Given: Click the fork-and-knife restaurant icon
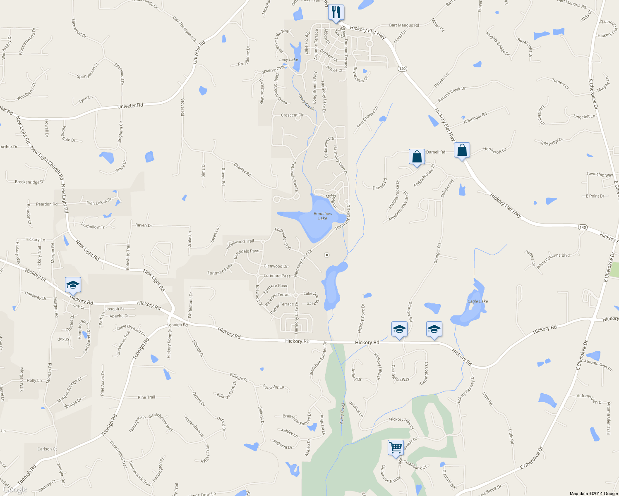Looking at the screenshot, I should tap(336, 12).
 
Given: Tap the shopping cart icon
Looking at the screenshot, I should tap(396, 448).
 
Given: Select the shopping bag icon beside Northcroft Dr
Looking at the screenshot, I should tap(462, 150).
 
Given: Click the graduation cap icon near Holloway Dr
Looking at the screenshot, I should tap(73, 285).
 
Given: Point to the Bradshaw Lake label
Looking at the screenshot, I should tap(323, 216).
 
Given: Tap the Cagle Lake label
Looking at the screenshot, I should tap(477, 301).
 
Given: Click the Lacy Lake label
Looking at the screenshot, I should tap(288, 60).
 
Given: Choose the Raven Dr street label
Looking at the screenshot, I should tap(144, 225).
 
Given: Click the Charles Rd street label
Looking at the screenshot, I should tap(242, 169).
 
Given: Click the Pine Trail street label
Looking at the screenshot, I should tap(146, 397).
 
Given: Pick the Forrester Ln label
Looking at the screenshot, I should tap(274, 387).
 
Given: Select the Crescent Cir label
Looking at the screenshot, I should tap(292, 115).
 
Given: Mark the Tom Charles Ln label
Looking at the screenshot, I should tap(367, 117).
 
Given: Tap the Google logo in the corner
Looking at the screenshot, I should tap(15, 490).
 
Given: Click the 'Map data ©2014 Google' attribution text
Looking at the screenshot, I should tap(593, 494).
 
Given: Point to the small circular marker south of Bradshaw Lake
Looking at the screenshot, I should tap(327, 255).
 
